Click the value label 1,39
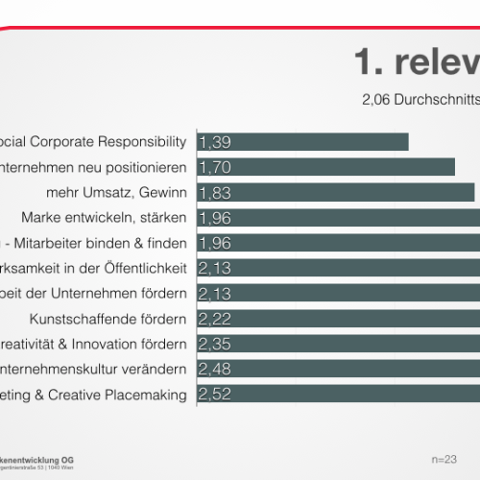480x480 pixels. click(214, 142)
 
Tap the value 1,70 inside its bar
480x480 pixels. click(214, 167)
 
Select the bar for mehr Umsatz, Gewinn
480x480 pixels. click(336, 192)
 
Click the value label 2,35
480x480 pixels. click(214, 343)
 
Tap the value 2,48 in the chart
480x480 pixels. click(214, 368)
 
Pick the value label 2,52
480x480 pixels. click(214, 393)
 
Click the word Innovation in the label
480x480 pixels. click(99, 343)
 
